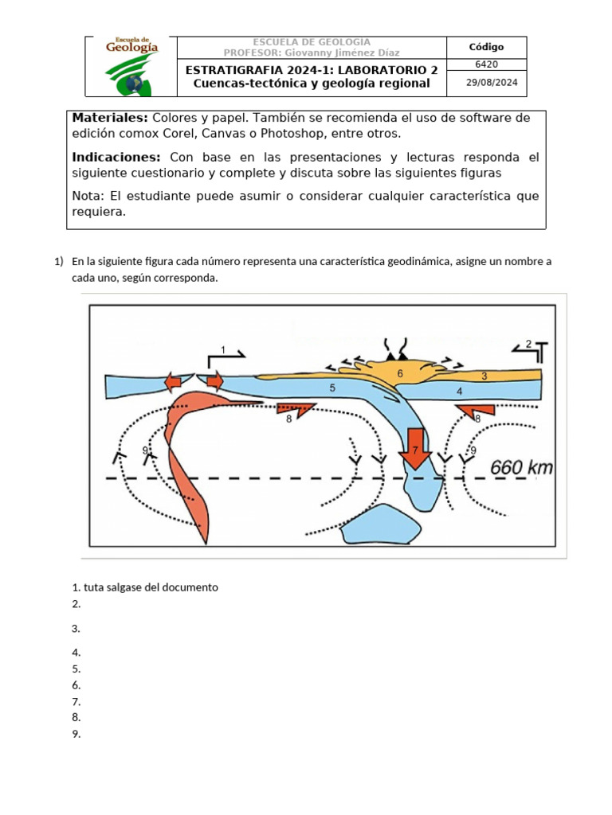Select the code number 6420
click(x=485, y=64)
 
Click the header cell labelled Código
click(x=485, y=47)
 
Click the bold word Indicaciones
click(x=116, y=157)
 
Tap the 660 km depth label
click(x=521, y=467)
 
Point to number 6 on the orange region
click(x=400, y=373)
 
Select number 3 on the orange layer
click(x=484, y=376)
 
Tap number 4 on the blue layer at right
click(x=460, y=391)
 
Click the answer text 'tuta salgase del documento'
click(x=150, y=587)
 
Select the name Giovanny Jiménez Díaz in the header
click(x=348, y=53)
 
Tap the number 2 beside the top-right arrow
click(x=528, y=344)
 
